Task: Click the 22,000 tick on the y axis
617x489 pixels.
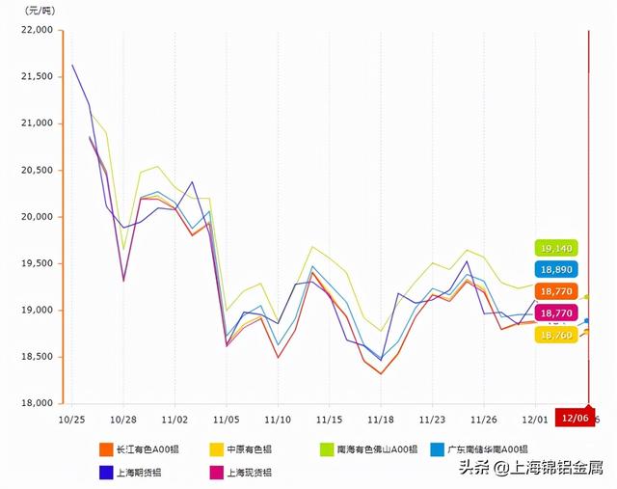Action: (x=37, y=30)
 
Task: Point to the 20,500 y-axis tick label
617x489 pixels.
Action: (x=37, y=170)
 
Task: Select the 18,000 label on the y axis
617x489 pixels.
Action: (x=37, y=403)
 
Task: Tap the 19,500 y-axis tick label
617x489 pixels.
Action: (x=37, y=263)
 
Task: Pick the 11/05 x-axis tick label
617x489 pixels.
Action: (x=226, y=420)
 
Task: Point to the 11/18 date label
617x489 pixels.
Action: (x=380, y=420)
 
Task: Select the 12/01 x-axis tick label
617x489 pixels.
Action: (x=535, y=420)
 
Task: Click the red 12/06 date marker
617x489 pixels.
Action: (x=575, y=419)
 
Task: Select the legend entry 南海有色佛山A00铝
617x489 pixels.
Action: (x=371, y=449)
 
